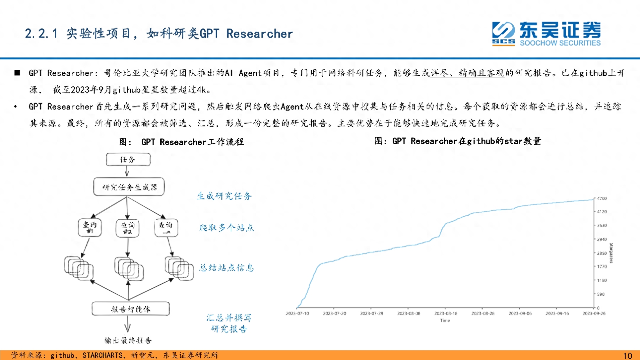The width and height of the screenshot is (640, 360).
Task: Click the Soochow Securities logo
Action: click(546, 34)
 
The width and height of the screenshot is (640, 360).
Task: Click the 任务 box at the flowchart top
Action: click(128, 159)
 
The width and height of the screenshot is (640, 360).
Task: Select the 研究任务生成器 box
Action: click(129, 187)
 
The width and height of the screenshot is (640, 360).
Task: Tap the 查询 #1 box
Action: click(90, 227)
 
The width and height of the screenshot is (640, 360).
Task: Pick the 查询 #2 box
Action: click(128, 228)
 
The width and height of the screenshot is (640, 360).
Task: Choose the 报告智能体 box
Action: click(131, 309)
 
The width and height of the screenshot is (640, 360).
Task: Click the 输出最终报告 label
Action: click(128, 340)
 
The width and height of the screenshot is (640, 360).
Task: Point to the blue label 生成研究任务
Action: click(224, 196)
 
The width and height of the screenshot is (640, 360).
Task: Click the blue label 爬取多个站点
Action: click(227, 228)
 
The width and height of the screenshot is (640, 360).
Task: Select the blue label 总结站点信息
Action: click(227, 268)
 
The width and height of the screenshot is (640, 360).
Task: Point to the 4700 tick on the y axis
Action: click(602, 198)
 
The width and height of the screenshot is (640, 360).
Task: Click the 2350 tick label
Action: click(602, 253)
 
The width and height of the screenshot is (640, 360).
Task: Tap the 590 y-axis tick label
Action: click(601, 294)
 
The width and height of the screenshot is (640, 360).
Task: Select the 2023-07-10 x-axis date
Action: click(298, 313)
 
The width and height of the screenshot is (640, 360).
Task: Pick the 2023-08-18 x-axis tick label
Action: click(446, 313)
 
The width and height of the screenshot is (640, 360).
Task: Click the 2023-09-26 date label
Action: click(594, 313)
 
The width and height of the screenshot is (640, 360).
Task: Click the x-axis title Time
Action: click(445, 320)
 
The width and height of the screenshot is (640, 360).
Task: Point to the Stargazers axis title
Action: click(611, 253)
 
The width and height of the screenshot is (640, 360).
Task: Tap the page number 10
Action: click(628, 356)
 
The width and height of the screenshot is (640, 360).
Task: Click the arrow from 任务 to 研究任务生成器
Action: click(127, 171)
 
